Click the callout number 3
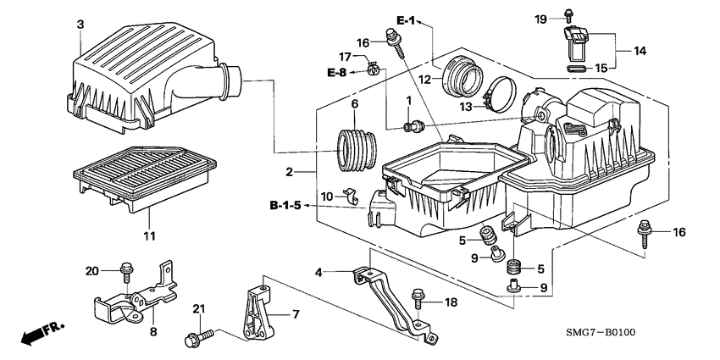tap(80, 25)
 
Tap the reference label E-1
tap(407, 19)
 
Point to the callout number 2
tap(290, 172)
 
